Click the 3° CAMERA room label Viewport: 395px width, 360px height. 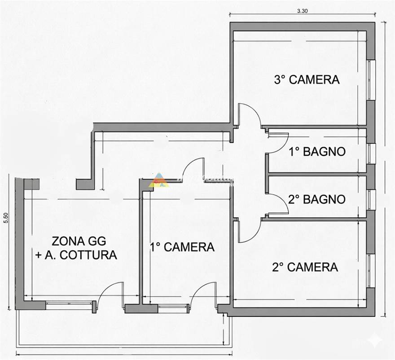click(x=307, y=80)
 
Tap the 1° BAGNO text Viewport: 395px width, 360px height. click(x=317, y=152)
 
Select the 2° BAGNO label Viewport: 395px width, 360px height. click(x=317, y=199)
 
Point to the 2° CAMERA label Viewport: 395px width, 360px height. click(x=305, y=267)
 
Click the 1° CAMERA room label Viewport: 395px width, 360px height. click(x=182, y=246)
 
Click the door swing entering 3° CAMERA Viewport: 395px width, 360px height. click(x=249, y=115)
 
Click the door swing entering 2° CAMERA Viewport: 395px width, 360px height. click(x=248, y=230)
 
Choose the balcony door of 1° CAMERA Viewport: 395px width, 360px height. click(x=202, y=295)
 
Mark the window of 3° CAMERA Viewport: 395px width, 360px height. click(x=371, y=80)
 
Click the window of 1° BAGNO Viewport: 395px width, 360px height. click(x=371, y=153)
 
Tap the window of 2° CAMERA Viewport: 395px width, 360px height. click(x=371, y=271)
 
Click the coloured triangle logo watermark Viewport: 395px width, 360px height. click(x=159, y=180)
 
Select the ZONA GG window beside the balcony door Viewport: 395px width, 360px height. click(x=69, y=306)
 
